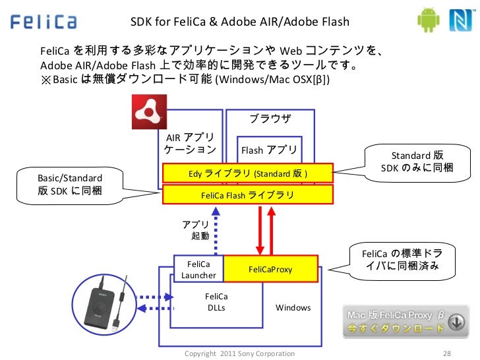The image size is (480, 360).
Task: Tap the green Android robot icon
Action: [x=427, y=20]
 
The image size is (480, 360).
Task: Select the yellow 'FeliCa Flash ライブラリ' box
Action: [x=248, y=196]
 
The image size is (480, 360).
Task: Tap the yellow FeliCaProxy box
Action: [x=270, y=270]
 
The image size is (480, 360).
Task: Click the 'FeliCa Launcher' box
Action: [x=198, y=269]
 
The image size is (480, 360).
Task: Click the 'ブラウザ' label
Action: [x=270, y=119]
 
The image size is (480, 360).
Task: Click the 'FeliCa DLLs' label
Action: [x=216, y=303]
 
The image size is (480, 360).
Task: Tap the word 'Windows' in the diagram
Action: [x=293, y=308]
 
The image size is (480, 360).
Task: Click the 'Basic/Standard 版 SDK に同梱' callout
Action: [x=70, y=185]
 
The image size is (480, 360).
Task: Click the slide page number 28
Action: [x=448, y=353]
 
